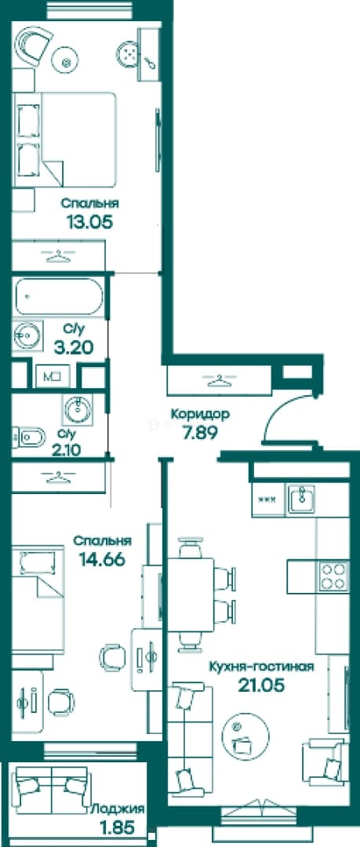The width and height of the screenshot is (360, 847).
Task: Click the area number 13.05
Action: click(x=89, y=221)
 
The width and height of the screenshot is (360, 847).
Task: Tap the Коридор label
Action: click(x=200, y=414)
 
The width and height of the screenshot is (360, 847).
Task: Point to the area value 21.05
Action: click(x=261, y=685)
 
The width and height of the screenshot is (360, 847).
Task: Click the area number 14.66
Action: click(x=102, y=559)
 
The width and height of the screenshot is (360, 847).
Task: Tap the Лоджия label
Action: click(x=118, y=809)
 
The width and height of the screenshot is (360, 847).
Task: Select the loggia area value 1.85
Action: click(x=118, y=827)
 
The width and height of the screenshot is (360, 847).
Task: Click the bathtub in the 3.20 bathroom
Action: click(x=58, y=296)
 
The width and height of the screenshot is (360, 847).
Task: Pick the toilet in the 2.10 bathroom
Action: click(x=29, y=437)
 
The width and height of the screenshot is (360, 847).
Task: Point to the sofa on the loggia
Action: click(x=51, y=790)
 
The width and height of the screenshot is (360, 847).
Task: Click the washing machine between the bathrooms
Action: click(x=53, y=375)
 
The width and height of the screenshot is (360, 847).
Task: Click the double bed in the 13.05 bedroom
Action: click(x=65, y=140)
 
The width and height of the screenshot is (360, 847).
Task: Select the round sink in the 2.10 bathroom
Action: click(x=78, y=409)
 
